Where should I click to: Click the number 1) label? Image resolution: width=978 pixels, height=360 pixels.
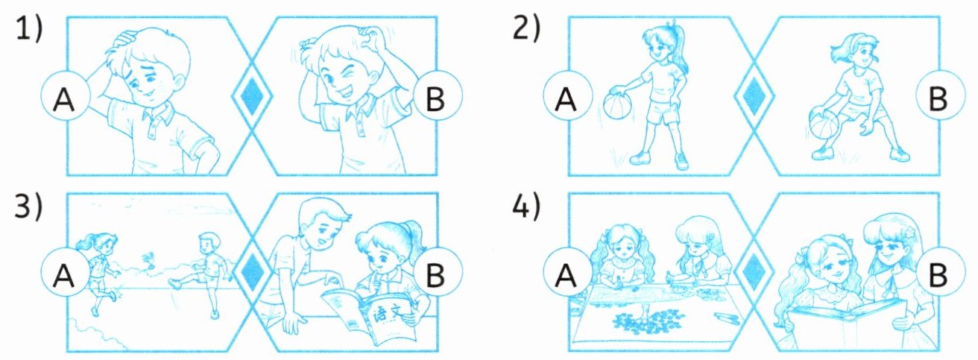click(x=29, y=29)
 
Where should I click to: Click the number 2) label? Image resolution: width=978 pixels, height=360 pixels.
click(x=526, y=29)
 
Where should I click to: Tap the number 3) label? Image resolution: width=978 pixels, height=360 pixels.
click(x=29, y=206)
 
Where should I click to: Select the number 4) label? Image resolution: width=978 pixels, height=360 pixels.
click(x=526, y=206)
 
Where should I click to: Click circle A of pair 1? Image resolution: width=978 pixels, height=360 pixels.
click(x=65, y=95)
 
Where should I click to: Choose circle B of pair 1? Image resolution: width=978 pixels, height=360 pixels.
click(x=437, y=95)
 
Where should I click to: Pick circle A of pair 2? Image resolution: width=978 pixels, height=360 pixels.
click(x=568, y=95)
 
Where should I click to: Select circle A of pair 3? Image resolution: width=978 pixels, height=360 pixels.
click(x=65, y=272)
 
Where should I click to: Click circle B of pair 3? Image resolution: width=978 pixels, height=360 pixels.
click(x=437, y=272)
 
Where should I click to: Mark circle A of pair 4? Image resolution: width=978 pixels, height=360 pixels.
click(x=568, y=272)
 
